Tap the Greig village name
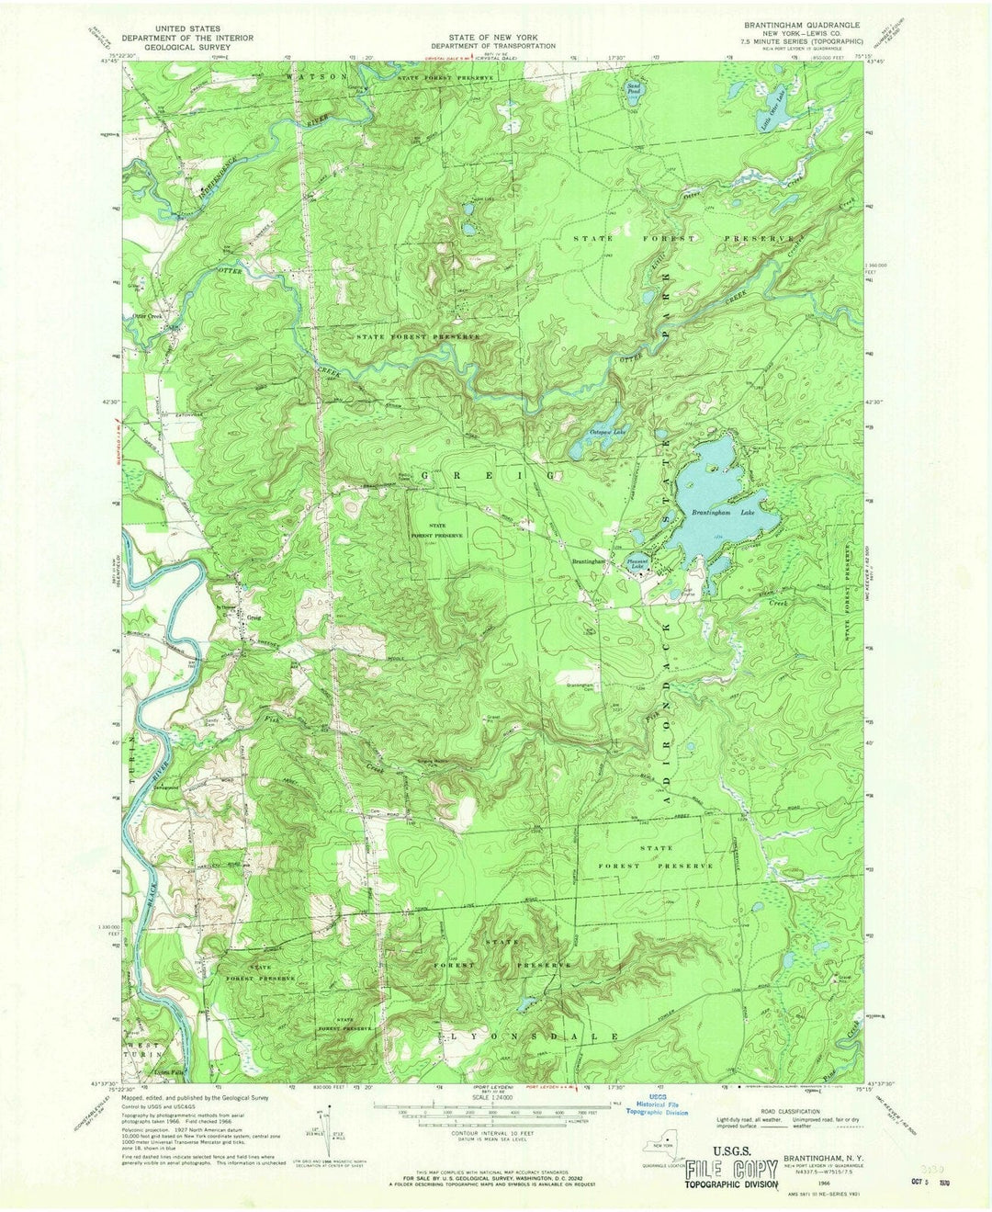253,617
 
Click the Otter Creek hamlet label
152,315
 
